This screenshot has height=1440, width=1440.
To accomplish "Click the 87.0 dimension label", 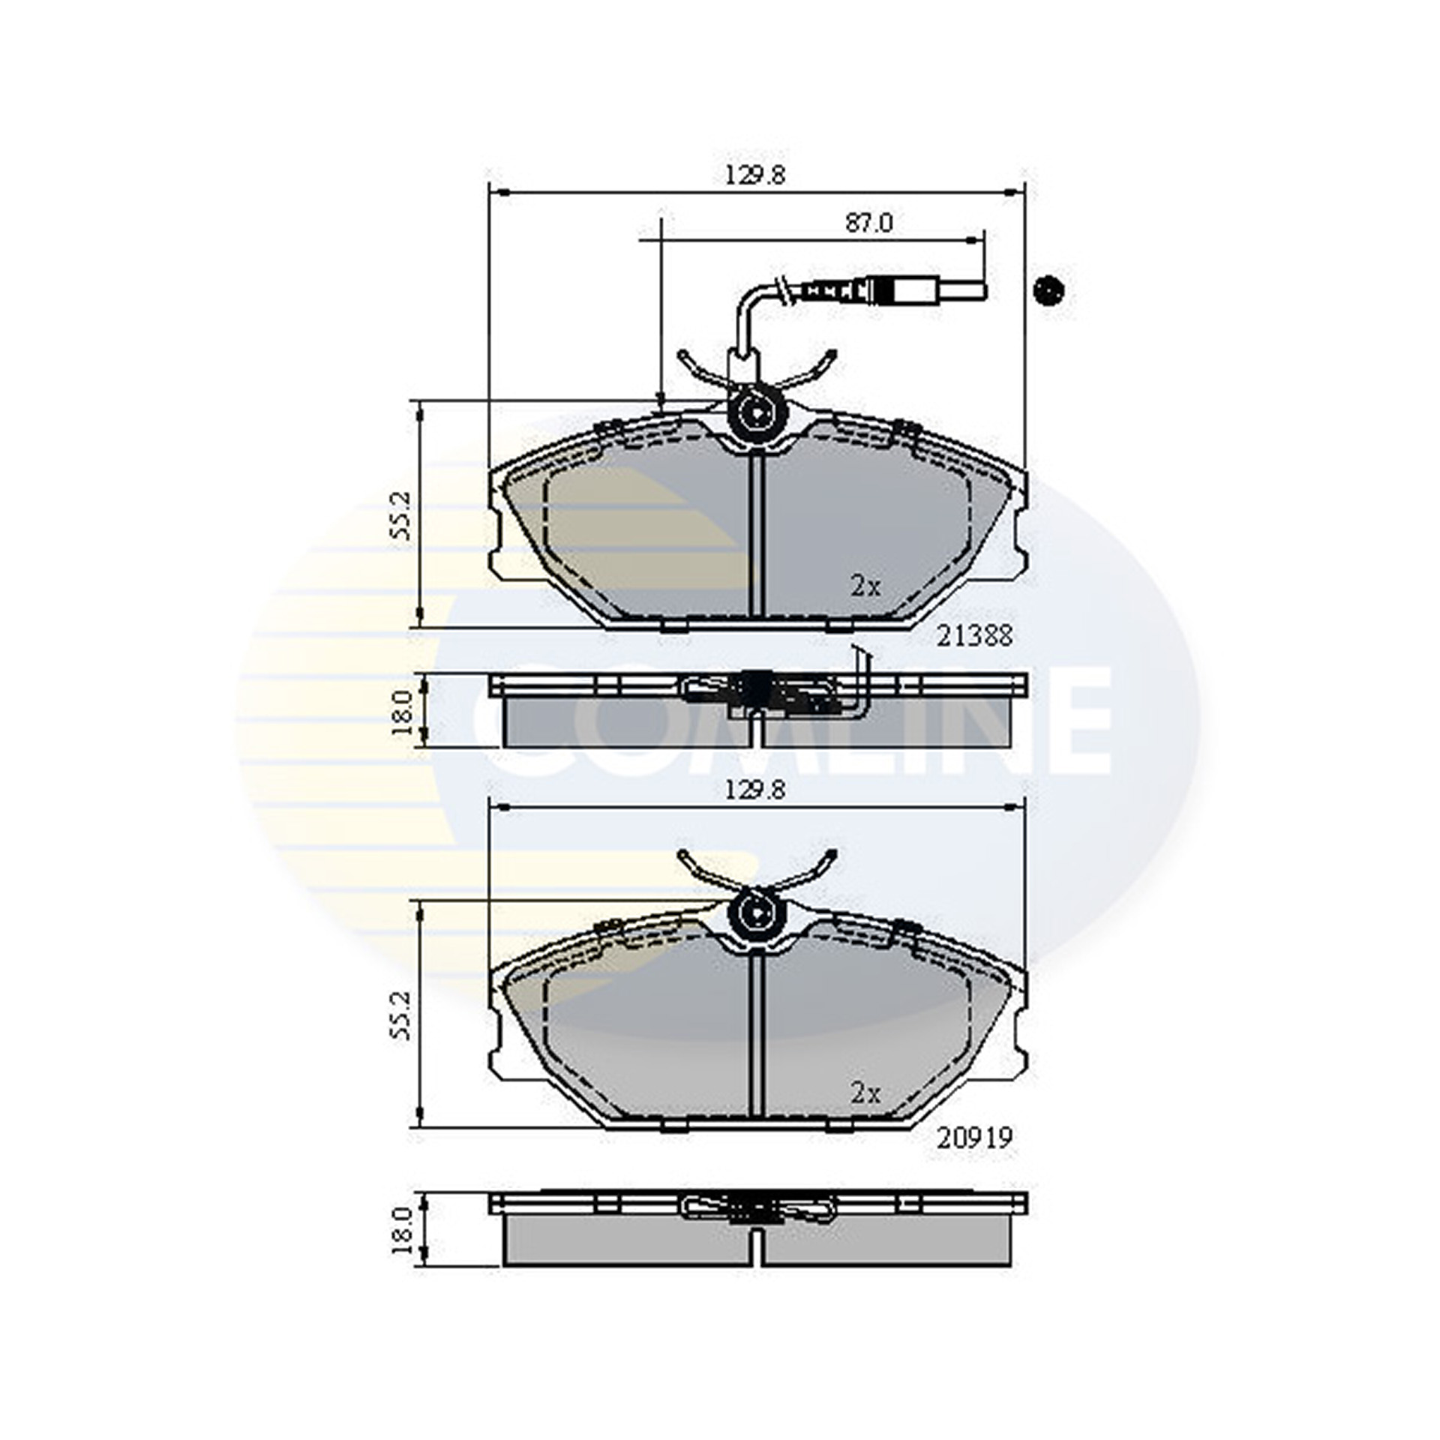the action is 868,223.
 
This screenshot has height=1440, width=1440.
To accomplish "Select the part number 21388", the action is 975,636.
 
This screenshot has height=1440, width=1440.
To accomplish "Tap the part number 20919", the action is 975,1138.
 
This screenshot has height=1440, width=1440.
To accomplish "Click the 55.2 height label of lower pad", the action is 400,1015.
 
